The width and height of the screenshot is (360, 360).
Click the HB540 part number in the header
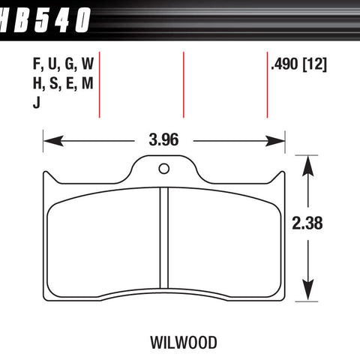coord(46,16)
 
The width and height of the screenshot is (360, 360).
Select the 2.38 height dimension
coord(307,222)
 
